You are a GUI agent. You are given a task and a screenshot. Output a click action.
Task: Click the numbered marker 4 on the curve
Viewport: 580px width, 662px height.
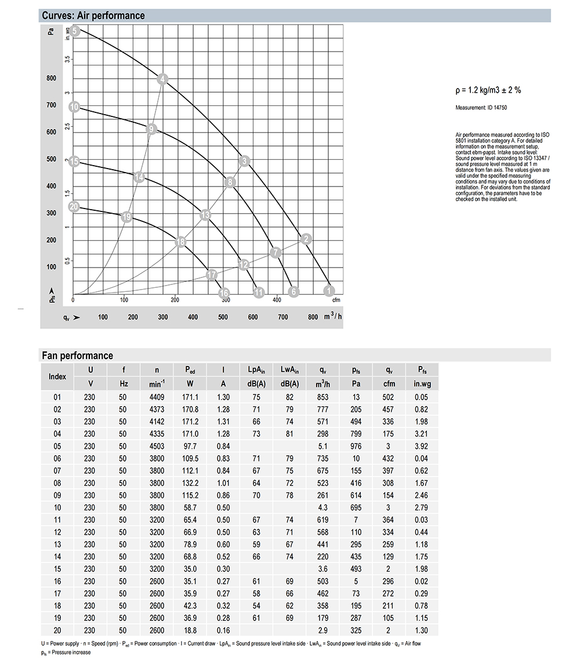pos(163,79)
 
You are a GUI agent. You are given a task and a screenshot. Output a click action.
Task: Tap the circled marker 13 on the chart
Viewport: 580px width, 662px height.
pos(205,215)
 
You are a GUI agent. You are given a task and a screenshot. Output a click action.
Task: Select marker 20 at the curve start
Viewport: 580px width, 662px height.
pos(74,207)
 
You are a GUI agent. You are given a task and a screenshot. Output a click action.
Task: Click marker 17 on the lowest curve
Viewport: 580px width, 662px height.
pos(212,275)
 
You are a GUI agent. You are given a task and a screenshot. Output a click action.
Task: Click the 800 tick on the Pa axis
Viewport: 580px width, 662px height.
pos(52,78)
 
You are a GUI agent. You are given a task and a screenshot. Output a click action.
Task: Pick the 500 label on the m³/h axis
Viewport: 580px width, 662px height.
pos(223,317)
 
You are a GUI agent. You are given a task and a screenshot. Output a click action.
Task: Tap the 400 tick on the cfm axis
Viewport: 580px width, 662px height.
pos(277,300)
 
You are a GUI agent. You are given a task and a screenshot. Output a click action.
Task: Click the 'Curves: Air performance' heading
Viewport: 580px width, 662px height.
pos(93,16)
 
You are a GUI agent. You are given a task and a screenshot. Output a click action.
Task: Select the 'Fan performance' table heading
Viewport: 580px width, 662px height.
pos(77,356)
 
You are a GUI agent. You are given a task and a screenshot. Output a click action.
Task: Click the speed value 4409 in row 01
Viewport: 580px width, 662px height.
pos(157,397)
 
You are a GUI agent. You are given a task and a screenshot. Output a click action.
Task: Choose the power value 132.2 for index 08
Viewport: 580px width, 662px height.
pos(191,483)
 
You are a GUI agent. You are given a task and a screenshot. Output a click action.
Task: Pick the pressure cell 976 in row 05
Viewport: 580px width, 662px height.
pos(356,447)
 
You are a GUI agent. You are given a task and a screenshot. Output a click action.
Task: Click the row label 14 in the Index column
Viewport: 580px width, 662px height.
pos(57,557)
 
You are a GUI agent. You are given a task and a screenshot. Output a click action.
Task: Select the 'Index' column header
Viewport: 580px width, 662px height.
pos(57,376)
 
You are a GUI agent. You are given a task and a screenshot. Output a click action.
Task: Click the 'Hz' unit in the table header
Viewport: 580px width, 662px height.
pos(124,383)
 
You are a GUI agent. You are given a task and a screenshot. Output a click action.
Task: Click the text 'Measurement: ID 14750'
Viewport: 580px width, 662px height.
pos(481,108)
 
